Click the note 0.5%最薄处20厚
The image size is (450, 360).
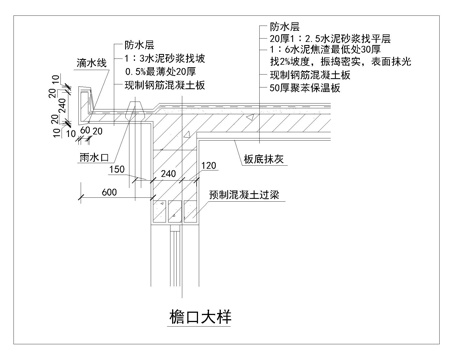[160, 73]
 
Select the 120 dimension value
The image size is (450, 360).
[207, 165]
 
